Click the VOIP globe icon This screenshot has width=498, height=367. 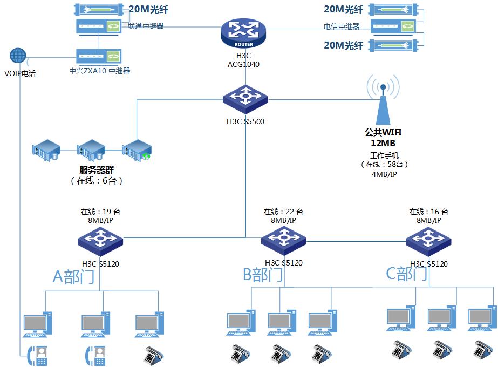[x=18, y=56]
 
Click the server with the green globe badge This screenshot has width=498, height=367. [x=137, y=151]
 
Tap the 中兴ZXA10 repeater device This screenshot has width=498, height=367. [x=98, y=56]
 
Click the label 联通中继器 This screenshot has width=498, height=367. [x=146, y=25]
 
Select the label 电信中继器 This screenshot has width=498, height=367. [x=341, y=26]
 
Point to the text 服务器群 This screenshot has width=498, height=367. [x=97, y=169]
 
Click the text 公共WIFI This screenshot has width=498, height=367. [x=383, y=132]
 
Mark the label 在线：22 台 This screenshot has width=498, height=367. [x=283, y=212]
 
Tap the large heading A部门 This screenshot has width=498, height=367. [x=73, y=276]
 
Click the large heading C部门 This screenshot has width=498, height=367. [x=407, y=274]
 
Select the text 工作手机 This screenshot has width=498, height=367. [x=384, y=155]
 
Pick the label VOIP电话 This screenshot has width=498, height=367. [x=20, y=73]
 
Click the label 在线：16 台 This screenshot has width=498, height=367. [x=428, y=212]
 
